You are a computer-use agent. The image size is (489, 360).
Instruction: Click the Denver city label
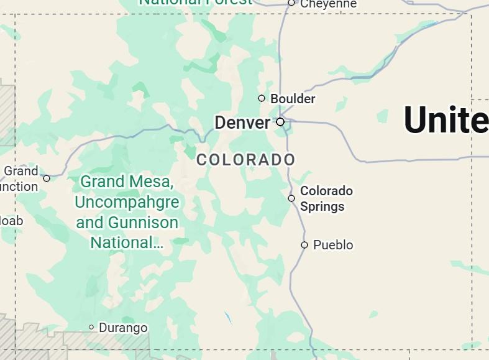[242, 122]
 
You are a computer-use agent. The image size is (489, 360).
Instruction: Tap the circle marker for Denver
[280, 122]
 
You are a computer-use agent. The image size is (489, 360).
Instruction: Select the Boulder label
[293, 99]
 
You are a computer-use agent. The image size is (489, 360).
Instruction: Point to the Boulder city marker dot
[262, 98]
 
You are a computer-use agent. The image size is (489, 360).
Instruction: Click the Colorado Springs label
[326, 198]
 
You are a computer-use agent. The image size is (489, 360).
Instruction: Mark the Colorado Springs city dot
[291, 198]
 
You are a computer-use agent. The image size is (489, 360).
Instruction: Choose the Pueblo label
[333, 245]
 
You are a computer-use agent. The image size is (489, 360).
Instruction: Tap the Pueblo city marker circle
[304, 245]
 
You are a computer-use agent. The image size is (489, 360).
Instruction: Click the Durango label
[123, 328]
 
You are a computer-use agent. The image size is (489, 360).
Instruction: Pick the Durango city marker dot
[91, 327]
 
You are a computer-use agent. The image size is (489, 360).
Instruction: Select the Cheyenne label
[328, 4]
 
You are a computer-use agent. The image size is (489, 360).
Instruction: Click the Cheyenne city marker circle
[291, 3]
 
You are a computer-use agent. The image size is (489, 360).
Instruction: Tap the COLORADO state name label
[246, 160]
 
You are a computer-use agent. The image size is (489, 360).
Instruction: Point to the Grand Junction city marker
[47, 178]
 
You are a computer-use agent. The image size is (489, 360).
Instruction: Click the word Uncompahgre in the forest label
[127, 202]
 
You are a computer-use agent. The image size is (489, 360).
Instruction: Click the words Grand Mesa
[127, 182]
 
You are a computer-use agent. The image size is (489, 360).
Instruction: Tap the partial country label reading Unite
[446, 119]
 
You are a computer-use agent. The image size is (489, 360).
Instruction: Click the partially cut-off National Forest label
[195, 2]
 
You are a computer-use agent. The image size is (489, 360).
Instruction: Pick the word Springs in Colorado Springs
[322, 206]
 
